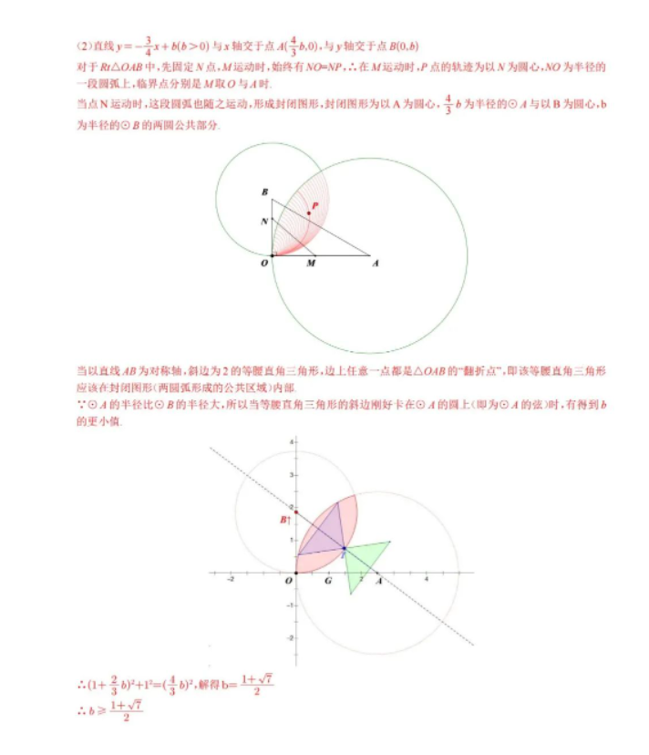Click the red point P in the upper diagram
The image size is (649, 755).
tap(308, 212)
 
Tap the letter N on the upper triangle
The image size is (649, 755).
tap(263, 221)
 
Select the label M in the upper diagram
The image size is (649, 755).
tap(311, 264)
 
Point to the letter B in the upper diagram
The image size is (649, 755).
tap(263, 192)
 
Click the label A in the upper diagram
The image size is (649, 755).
tap(376, 264)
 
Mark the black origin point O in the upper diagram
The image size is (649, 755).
tap(272, 255)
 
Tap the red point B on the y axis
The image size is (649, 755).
tap(295, 513)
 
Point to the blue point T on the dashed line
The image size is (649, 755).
tap(343, 549)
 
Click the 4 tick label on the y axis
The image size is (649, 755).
tap(290, 441)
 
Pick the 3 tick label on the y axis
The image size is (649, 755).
tap(290, 474)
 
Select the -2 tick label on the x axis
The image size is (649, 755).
tap(232, 580)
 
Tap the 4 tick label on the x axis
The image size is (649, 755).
tap(427, 580)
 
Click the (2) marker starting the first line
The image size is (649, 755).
tap(83, 47)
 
